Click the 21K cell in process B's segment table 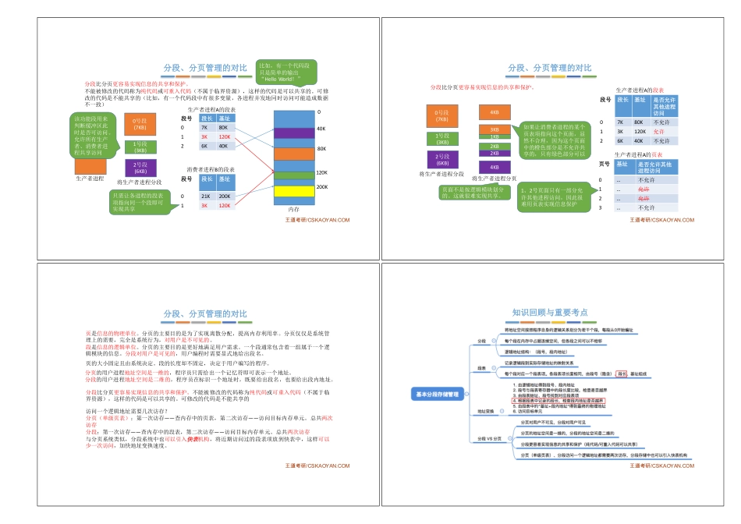[x=205, y=196]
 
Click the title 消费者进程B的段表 [x=211, y=169]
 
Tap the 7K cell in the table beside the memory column [x=204, y=127]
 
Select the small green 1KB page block [x=495, y=137]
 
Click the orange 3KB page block [x=495, y=129]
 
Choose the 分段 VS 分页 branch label [x=487, y=438]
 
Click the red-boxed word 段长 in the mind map [x=621, y=374]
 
